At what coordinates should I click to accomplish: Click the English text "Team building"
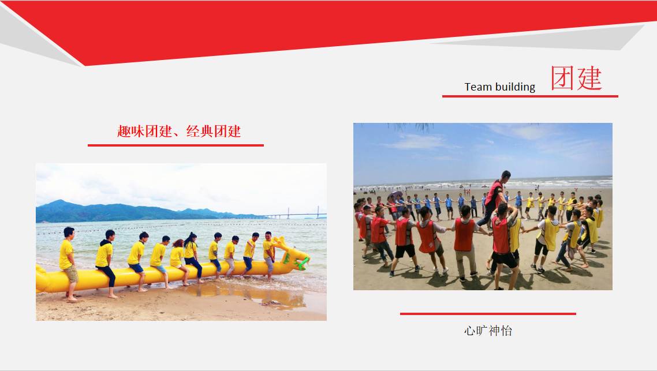pyautogui.click(x=500, y=87)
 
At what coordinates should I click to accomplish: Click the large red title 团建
pyautogui.click(x=577, y=78)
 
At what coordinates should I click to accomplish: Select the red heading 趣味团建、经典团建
pyautogui.click(x=179, y=132)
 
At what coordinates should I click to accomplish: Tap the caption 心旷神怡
pyautogui.click(x=488, y=331)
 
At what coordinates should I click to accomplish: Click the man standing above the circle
pyautogui.click(x=495, y=197)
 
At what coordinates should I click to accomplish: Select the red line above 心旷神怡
pyautogui.click(x=488, y=314)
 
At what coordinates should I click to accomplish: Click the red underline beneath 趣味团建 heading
pyautogui.click(x=176, y=145)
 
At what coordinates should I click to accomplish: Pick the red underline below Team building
pyautogui.click(x=530, y=96)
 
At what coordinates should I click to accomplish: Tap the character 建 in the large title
pyautogui.click(x=589, y=78)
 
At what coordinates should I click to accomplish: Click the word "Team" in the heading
pyautogui.click(x=478, y=87)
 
